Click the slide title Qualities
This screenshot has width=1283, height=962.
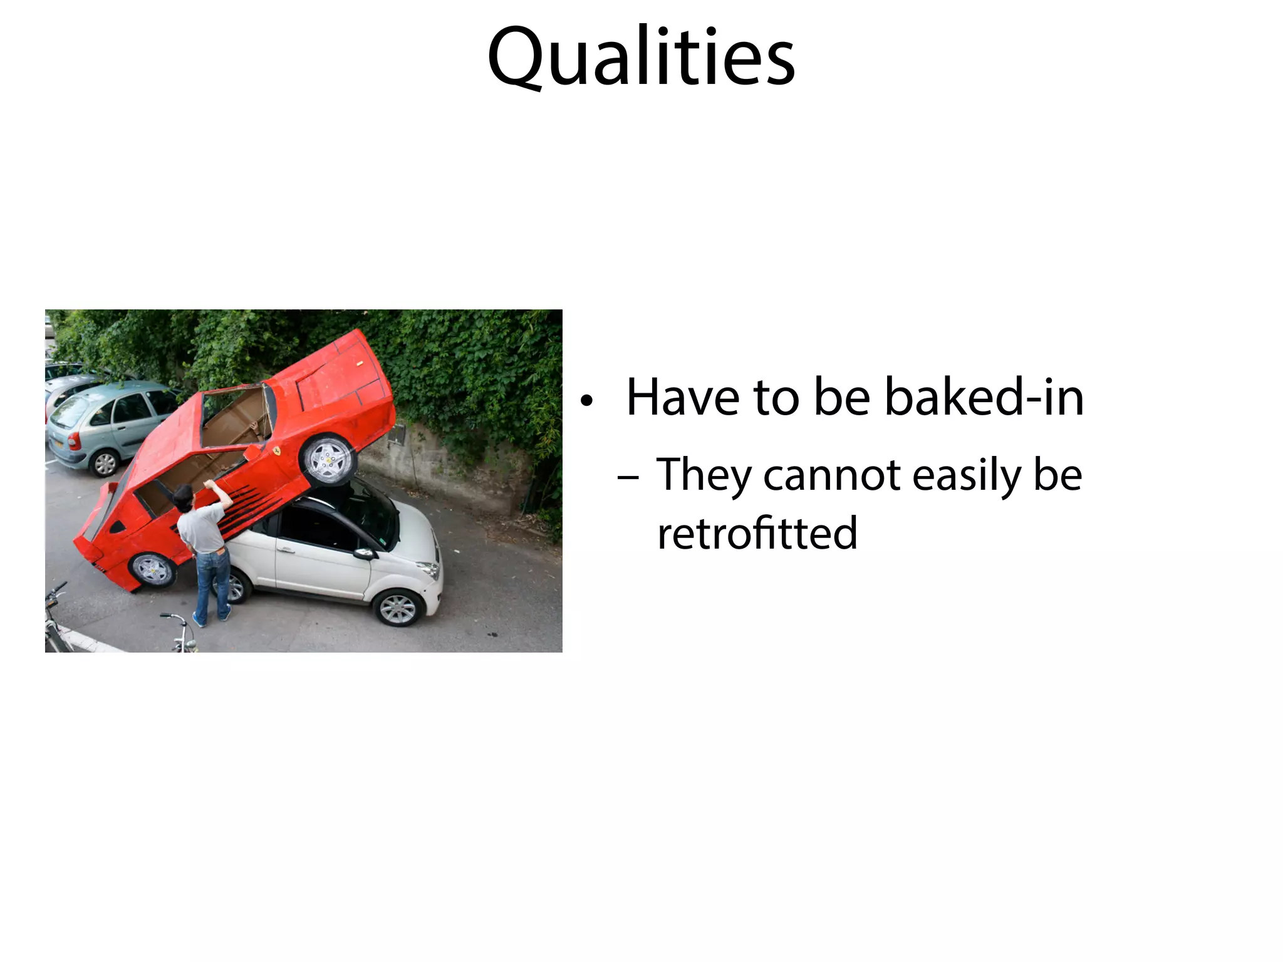[x=641, y=58]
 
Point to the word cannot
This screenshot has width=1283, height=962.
[x=833, y=475]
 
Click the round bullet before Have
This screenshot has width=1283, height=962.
[x=586, y=401]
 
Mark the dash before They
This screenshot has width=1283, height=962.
[x=628, y=478]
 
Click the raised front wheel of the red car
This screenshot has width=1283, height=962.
[x=328, y=459]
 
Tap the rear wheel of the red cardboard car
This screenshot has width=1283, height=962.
[x=152, y=569]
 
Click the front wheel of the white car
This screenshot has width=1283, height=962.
[x=398, y=607]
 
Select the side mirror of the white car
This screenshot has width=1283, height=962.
[x=363, y=554]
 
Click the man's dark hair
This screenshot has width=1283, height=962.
[x=183, y=495]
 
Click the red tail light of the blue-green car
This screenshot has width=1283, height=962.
[x=75, y=440]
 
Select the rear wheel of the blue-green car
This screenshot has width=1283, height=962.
[x=105, y=463]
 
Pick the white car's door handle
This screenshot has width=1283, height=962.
[x=286, y=550]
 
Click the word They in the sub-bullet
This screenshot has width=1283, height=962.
[x=704, y=476]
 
